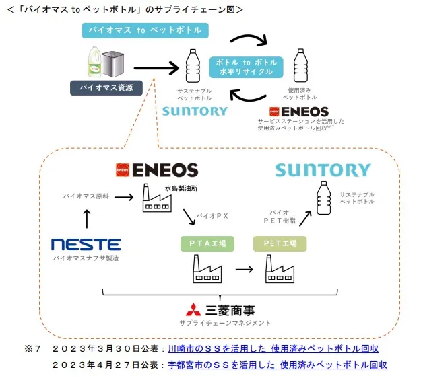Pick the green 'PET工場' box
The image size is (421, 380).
[280, 243]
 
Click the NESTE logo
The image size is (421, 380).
[86, 244]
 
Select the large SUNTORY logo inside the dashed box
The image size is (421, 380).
[323, 169]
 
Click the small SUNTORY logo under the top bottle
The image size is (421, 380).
[195, 111]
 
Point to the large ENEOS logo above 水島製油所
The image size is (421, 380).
[156, 169]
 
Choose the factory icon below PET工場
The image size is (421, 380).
[280, 270]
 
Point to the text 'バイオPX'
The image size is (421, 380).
[214, 217]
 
